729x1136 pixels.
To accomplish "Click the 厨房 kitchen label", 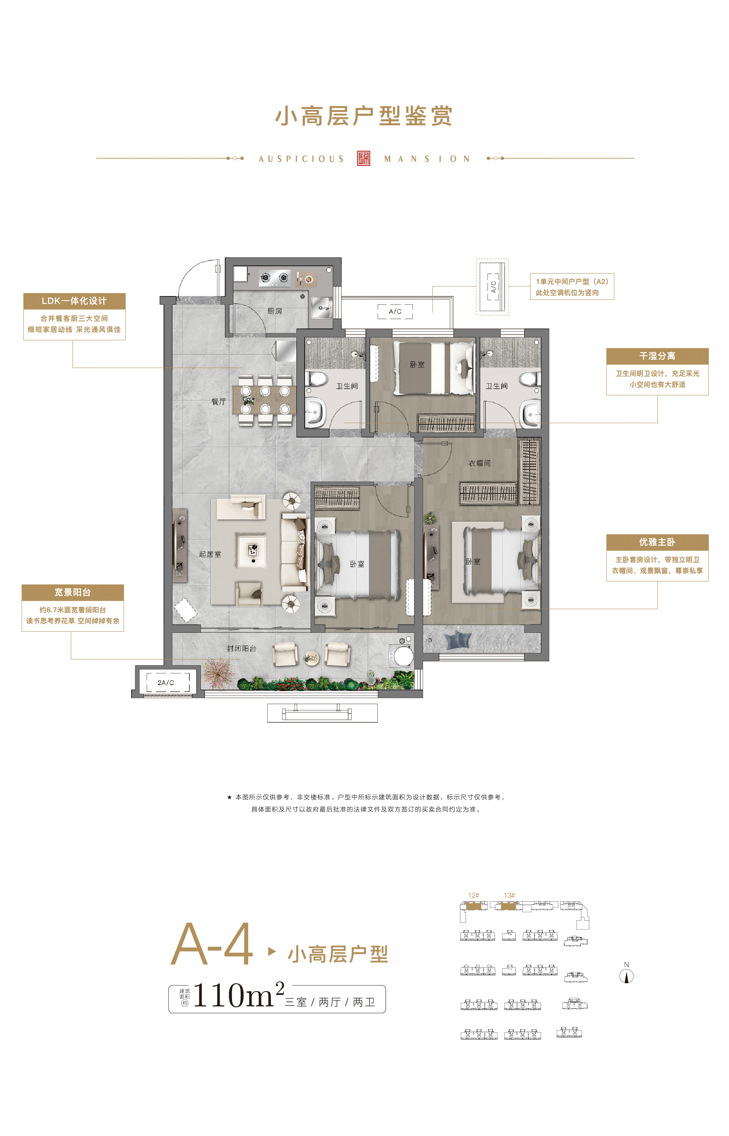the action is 275,311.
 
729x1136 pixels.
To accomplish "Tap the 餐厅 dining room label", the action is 219,401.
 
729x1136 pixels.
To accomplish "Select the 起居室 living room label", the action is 210,554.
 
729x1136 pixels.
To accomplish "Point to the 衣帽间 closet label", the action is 479,463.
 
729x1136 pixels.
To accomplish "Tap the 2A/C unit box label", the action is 166,683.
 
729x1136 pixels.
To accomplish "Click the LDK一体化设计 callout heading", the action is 74,301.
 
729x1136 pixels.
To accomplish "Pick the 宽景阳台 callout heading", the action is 72,592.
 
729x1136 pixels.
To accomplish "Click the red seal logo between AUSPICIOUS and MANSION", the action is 364,158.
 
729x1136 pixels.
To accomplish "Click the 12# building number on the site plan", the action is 473,895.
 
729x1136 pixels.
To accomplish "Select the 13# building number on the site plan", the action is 509,895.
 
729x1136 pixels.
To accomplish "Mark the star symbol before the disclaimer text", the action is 229,797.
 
